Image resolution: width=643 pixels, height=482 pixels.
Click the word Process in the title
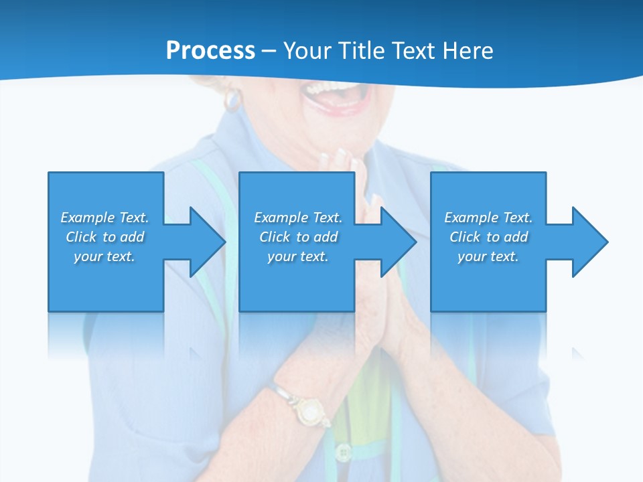(210, 51)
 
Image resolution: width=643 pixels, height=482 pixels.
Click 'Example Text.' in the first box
(104, 218)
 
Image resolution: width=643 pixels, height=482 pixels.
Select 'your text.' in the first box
(104, 256)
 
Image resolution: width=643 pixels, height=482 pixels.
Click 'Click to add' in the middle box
(298, 237)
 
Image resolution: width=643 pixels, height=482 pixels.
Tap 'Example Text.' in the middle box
(298, 218)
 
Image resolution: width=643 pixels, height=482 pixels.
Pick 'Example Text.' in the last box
(488, 218)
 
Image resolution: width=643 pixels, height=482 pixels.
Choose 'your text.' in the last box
(488, 256)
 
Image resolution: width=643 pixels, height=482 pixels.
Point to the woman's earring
(232, 100)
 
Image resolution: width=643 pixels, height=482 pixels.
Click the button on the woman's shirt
(344, 453)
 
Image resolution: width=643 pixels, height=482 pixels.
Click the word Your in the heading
(307, 51)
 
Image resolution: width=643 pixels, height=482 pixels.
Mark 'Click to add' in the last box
(488, 237)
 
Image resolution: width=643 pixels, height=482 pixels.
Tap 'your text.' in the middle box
(298, 256)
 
